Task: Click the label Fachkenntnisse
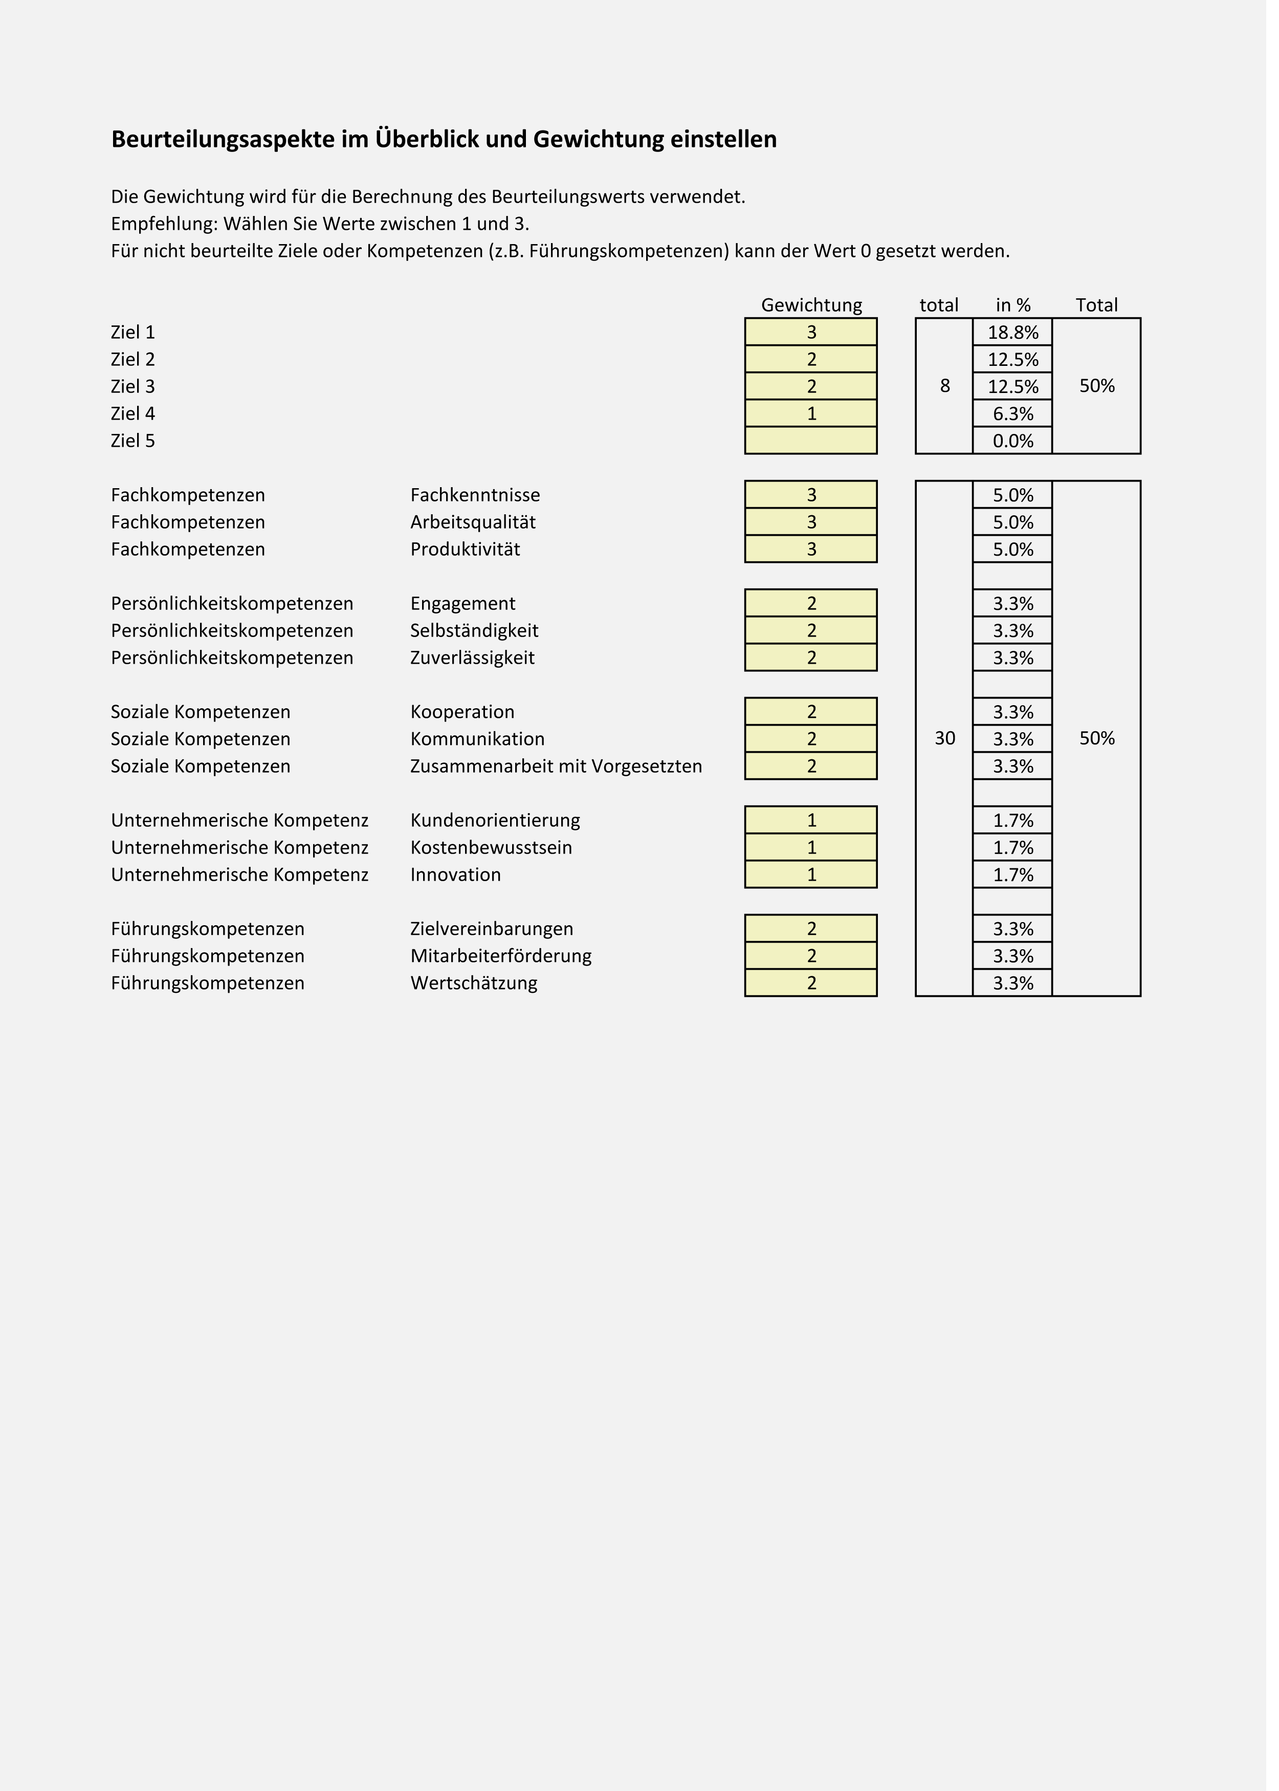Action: [480, 499]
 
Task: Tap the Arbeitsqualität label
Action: [477, 527]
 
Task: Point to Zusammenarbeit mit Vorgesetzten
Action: [562, 773]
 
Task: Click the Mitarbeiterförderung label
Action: [505, 965]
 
